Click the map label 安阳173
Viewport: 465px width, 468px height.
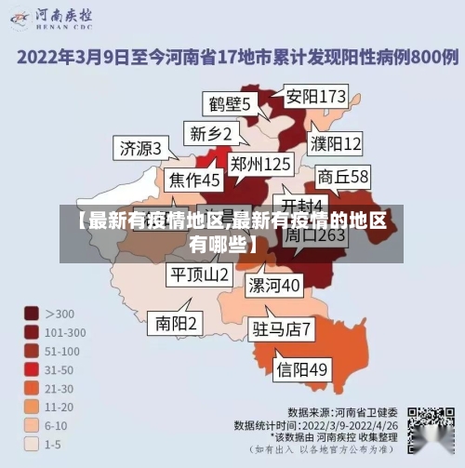(315, 97)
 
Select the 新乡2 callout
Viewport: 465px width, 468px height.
(210, 133)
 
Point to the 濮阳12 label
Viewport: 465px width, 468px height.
(336, 144)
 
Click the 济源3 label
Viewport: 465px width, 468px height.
(140, 148)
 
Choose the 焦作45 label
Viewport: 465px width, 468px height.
(194, 179)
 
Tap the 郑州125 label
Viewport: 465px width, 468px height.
(261, 164)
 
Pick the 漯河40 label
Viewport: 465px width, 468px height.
(274, 284)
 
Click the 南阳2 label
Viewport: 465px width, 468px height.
(177, 323)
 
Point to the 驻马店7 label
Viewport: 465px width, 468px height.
(282, 328)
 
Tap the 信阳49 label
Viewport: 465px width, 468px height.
(302, 369)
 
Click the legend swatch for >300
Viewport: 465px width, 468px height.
(32, 314)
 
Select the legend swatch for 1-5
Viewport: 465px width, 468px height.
(32, 443)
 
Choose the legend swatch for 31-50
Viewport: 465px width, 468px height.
(32, 369)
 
